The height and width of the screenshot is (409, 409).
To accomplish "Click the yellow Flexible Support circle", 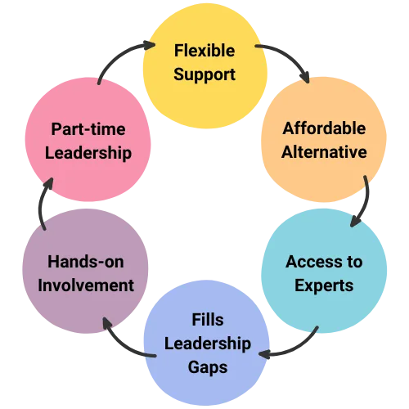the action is click(x=205, y=65).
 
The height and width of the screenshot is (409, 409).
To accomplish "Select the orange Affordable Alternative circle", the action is click(x=324, y=140).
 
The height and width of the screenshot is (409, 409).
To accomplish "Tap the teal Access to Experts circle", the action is click(x=324, y=271).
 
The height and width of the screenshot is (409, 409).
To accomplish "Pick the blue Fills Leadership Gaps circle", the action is click(x=207, y=343).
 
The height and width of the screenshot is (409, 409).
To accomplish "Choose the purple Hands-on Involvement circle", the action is click(x=85, y=271).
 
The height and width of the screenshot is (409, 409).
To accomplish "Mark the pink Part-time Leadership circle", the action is click(x=88, y=140).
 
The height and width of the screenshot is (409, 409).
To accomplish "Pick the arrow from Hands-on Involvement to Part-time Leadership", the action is click(x=41, y=203).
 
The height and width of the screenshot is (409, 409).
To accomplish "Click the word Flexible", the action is click(x=204, y=51).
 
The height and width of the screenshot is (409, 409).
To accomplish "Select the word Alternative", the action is click(x=324, y=152).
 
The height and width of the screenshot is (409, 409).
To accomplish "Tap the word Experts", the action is click(x=324, y=286).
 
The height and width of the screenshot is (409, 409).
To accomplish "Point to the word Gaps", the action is click(x=208, y=368).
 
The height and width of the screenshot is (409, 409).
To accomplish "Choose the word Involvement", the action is click(x=86, y=285).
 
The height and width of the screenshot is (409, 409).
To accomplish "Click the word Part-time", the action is click(x=88, y=129).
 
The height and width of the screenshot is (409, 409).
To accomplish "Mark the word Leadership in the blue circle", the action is click(x=208, y=344).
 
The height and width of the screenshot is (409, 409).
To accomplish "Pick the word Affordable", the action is click(x=324, y=128).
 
